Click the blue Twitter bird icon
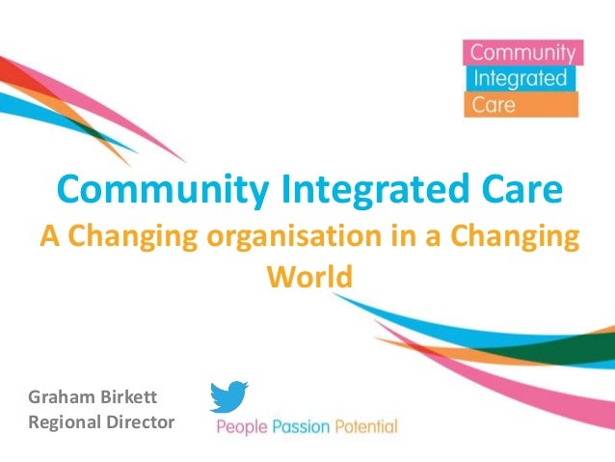click(228, 396)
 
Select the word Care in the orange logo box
click(491, 103)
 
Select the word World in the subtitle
click(309, 277)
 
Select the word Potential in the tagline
click(365, 425)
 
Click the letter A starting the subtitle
click(45, 236)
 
